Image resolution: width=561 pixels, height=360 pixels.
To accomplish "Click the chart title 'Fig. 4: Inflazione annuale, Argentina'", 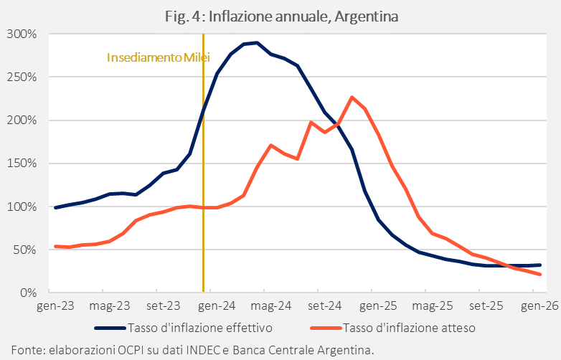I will tap(281, 16).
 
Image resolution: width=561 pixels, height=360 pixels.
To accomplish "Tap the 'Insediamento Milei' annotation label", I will tap(158, 57).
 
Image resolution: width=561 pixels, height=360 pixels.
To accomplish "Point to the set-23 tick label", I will tap(164, 306).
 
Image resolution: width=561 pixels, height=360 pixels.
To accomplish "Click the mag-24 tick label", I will tap(271, 306).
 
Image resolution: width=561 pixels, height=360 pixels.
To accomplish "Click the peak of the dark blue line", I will tap(256, 42).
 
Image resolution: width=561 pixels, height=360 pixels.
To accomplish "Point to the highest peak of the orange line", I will tap(352, 97).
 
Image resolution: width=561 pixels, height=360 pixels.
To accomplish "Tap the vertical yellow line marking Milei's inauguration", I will tap(203, 215).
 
